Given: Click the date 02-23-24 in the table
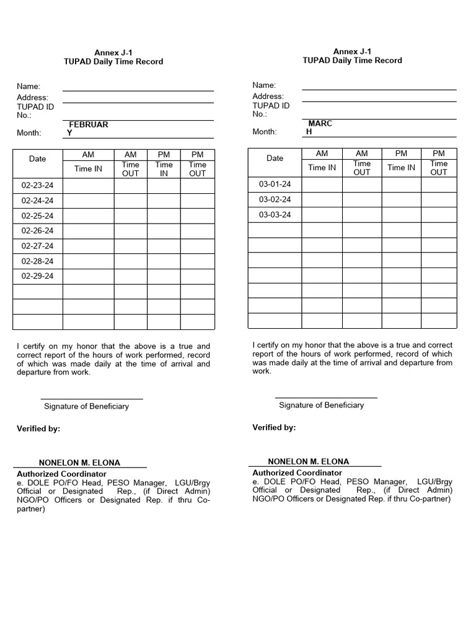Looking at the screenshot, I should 37,185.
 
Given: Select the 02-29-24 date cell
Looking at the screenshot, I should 37,276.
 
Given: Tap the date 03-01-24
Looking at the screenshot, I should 275,184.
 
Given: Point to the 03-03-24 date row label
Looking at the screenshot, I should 275,215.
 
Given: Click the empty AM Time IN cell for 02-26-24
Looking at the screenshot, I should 87,231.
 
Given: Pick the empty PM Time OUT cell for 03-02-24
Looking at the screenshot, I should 438,199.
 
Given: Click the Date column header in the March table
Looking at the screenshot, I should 275,158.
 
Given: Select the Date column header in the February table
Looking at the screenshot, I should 37,159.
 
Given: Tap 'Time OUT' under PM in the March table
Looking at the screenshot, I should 438,168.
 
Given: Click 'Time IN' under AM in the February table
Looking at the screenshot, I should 87,169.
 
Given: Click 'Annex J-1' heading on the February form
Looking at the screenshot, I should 113,53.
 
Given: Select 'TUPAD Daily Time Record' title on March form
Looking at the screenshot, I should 352,61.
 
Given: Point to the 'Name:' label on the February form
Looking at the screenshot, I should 29,86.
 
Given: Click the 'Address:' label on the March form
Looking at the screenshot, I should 268,97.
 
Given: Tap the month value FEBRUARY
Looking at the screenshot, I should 87,128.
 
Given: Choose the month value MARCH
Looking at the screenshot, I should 319,127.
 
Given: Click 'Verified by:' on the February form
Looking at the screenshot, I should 38,429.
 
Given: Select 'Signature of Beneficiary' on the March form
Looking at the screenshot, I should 321,405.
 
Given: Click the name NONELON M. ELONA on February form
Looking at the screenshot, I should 79,463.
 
